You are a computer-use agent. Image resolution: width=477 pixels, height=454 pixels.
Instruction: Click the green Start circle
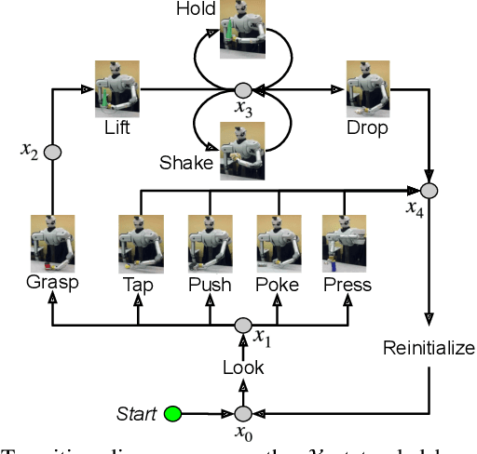[x=171, y=413]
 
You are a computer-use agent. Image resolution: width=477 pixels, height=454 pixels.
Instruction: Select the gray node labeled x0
[x=242, y=413]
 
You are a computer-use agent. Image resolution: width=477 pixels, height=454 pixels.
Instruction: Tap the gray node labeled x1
[x=242, y=325]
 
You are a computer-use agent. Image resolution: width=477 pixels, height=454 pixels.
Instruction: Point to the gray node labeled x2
[x=52, y=152]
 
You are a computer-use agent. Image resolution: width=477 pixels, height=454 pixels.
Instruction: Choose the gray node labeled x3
[x=242, y=90]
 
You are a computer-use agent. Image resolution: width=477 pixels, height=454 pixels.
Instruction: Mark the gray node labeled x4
[x=429, y=191]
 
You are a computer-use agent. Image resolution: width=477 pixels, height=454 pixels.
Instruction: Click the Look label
[x=242, y=367]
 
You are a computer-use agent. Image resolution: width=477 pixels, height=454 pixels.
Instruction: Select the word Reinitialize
[x=429, y=349]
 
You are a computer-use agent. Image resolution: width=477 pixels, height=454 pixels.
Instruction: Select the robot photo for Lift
[x=116, y=89]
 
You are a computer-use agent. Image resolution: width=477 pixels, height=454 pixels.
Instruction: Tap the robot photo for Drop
[x=368, y=89]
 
